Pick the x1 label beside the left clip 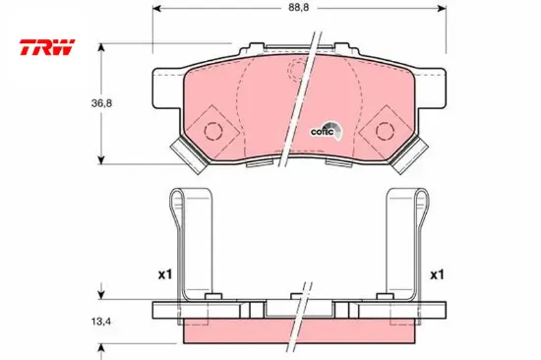(162, 274)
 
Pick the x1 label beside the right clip (437, 274)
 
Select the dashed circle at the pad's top (301, 70)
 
